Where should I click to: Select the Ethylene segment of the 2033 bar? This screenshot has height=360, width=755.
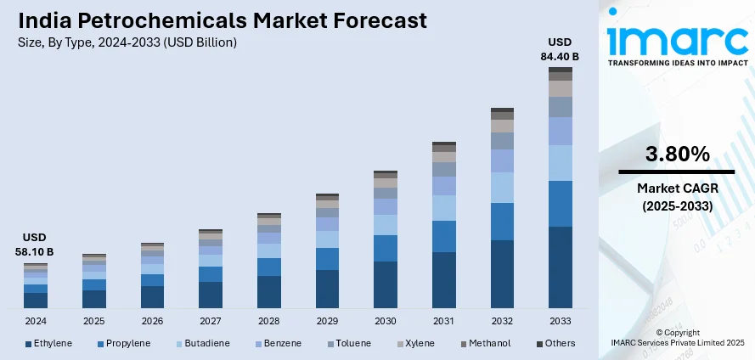[560, 267]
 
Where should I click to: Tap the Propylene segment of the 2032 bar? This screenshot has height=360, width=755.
[502, 222]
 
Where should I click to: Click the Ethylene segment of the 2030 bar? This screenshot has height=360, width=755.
[386, 284]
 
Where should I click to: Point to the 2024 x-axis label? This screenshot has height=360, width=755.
[36, 322]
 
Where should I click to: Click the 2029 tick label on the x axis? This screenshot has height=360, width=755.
[327, 322]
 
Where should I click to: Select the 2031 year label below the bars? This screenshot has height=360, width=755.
[443, 322]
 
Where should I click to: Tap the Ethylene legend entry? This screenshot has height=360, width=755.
[48, 343]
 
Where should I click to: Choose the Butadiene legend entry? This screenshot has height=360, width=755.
[201, 343]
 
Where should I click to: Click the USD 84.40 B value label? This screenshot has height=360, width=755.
[561, 49]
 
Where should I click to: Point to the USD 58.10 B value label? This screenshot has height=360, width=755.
[36, 245]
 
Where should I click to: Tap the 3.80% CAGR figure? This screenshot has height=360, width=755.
[677, 155]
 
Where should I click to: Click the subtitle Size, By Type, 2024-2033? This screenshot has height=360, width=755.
[127, 42]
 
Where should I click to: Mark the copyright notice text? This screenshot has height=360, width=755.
[677, 336]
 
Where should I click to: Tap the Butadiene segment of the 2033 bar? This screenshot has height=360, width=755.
[560, 163]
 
